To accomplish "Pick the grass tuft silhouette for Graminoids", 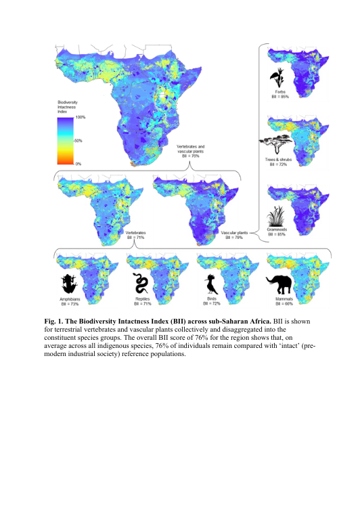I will coord(279,216).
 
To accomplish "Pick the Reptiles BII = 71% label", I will coord(141,302).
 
